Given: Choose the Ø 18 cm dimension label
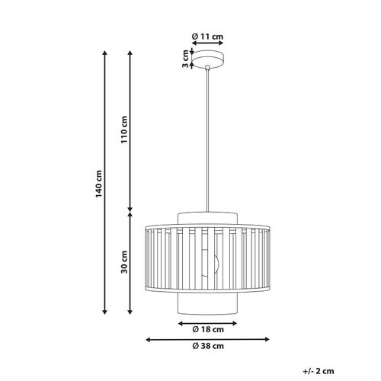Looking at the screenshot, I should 207,330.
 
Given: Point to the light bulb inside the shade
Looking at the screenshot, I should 210,263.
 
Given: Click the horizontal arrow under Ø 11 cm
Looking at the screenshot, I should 207,43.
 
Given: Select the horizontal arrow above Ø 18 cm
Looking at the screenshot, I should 207,321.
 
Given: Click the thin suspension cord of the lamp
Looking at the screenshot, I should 207,137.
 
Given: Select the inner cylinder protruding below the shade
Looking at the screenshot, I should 207,303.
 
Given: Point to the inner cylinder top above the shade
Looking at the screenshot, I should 207,217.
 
